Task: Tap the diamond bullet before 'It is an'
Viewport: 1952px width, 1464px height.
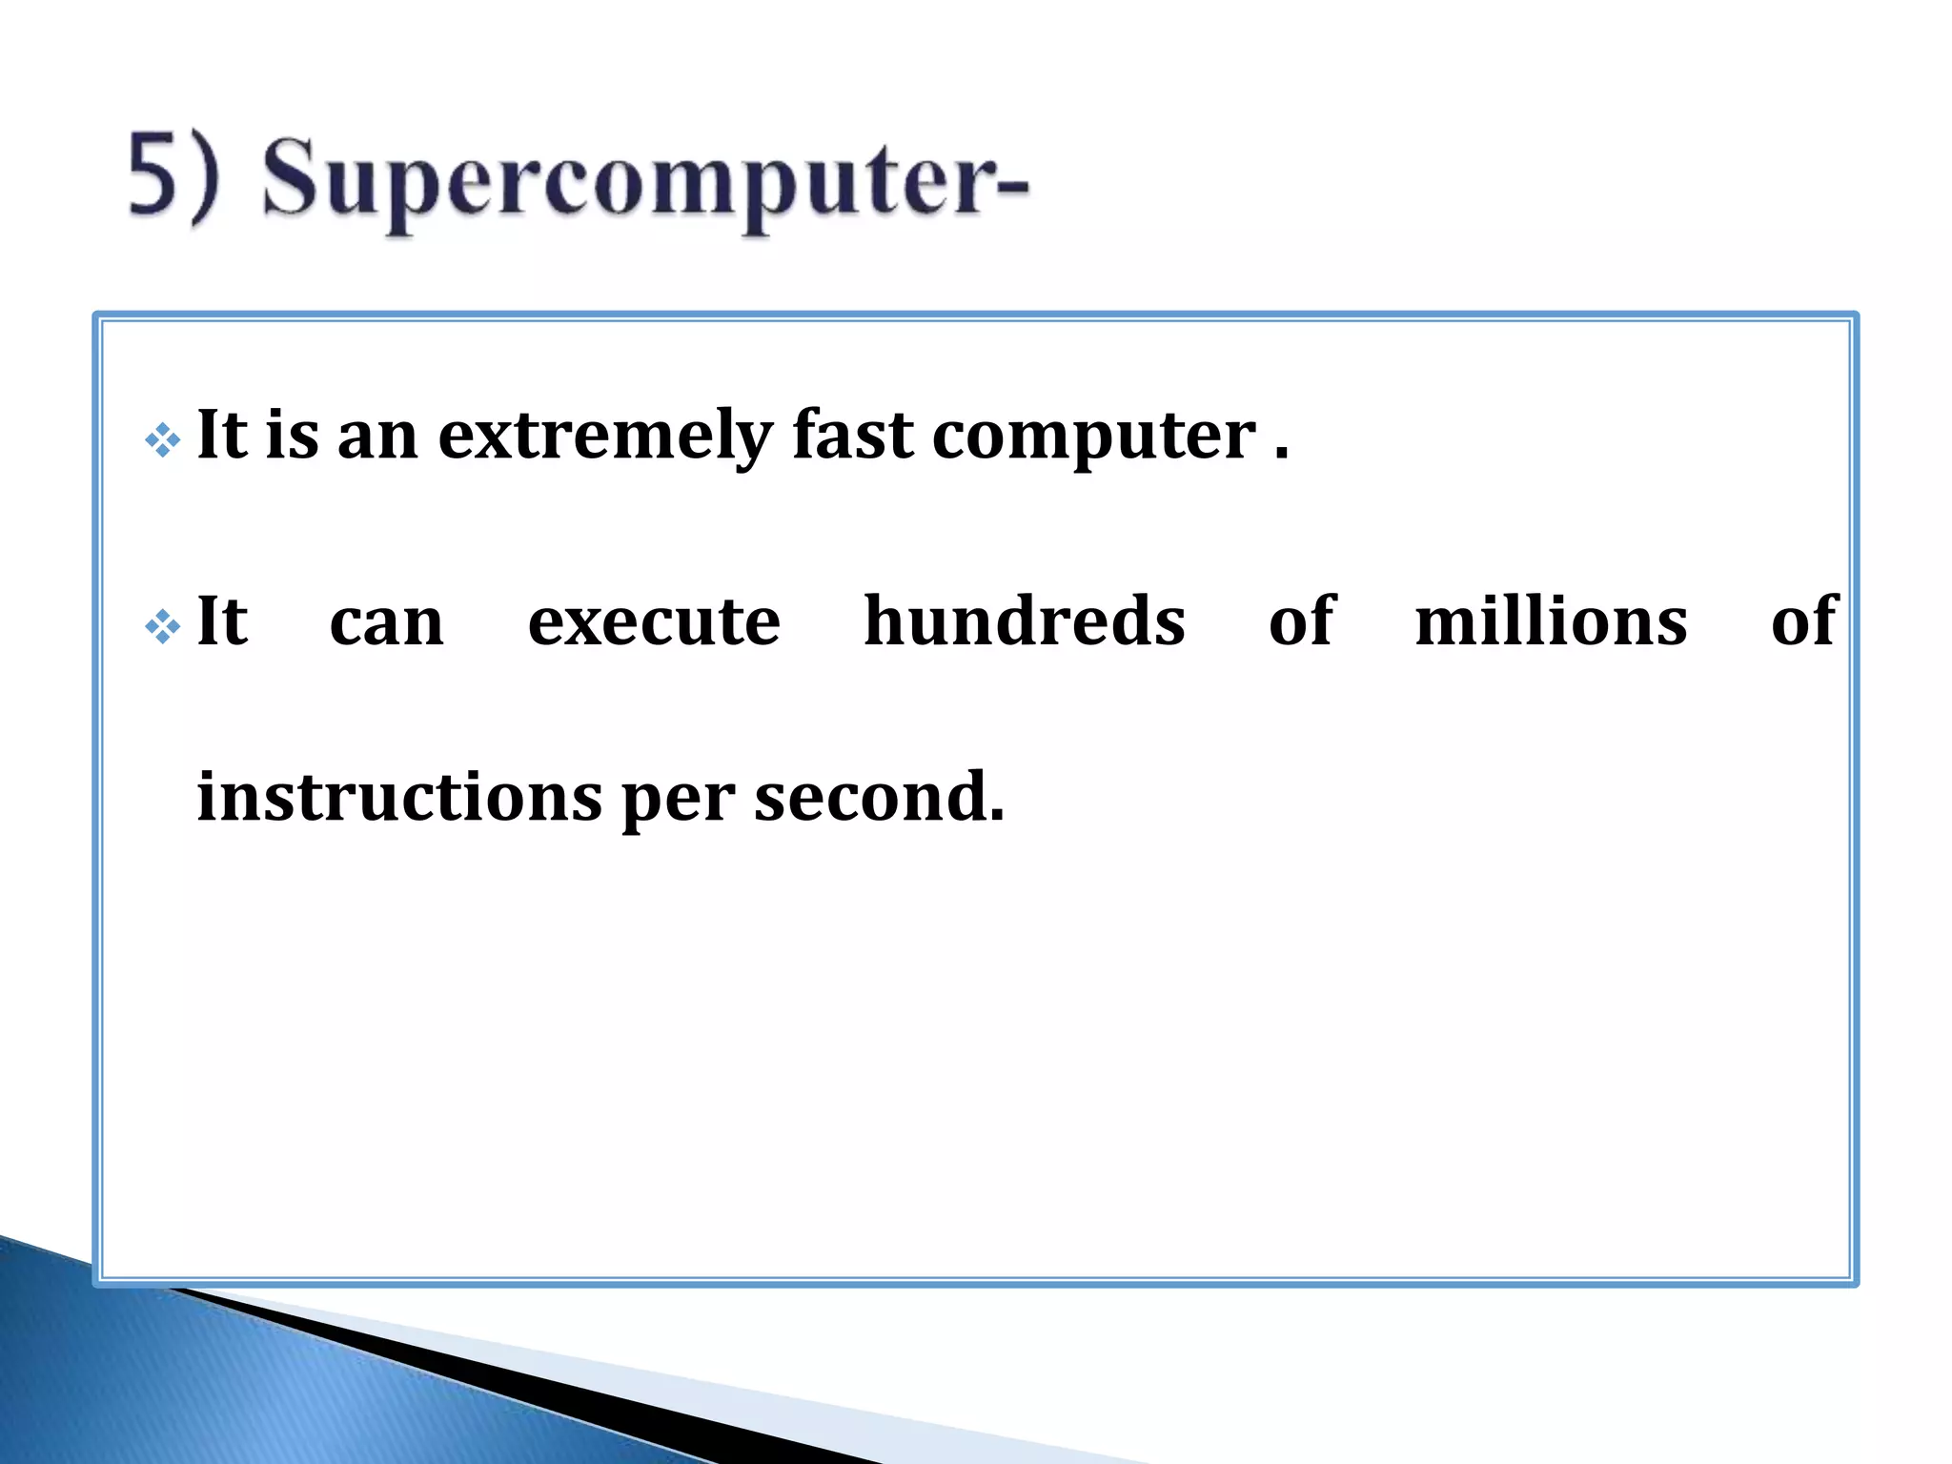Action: [x=163, y=440]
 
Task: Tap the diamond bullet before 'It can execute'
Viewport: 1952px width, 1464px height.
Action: [x=163, y=626]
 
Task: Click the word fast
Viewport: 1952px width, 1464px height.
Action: [x=852, y=435]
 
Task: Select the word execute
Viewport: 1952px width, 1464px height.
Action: [x=654, y=622]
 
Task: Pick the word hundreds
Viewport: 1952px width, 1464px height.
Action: [x=1024, y=621]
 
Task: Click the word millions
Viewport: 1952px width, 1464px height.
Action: [x=1551, y=621]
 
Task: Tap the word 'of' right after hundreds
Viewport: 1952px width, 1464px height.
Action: [x=1301, y=621]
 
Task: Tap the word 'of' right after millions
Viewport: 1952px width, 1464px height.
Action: [x=1802, y=621]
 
